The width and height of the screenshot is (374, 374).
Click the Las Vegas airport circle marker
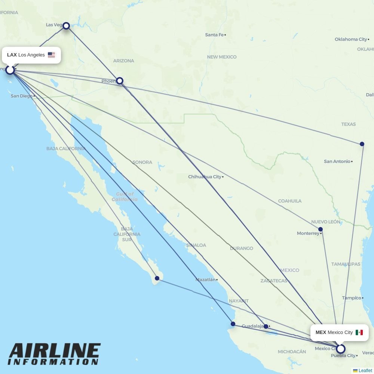66,25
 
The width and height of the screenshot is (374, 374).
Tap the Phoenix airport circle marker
120,81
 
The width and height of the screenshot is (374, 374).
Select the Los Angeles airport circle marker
10,70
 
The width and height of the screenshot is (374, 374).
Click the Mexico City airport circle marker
340,349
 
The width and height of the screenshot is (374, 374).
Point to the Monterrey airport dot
321,229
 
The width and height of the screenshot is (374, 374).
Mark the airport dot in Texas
362,144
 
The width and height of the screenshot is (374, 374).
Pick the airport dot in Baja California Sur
157,278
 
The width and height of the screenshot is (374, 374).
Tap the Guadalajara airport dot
266,327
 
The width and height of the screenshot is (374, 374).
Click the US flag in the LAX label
51,55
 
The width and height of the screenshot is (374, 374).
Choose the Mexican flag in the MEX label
359,332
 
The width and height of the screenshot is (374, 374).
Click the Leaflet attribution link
365,371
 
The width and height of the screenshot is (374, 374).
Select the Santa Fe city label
214,35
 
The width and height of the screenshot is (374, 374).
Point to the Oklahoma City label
351,39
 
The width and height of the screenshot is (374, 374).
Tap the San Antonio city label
337,162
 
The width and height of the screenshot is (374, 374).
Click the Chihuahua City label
205,177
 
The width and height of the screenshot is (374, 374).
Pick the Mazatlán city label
205,279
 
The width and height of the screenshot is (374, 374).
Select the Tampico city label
351,298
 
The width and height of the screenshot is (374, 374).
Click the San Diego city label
21,96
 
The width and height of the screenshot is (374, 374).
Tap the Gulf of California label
125,197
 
